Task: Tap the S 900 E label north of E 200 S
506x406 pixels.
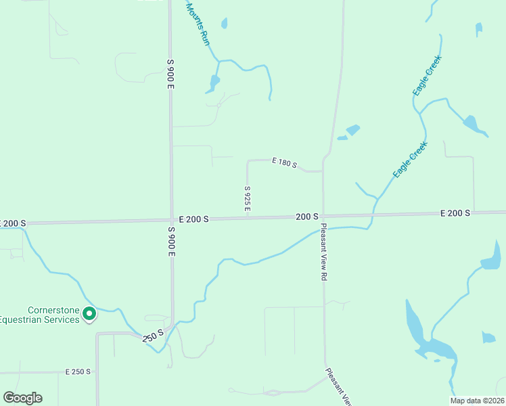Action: [x=171, y=74]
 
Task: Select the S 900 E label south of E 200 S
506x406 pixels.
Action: [x=172, y=241]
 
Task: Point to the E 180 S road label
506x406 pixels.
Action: [x=285, y=162]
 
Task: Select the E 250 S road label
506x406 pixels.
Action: [x=78, y=372]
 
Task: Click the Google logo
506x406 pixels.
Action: [x=22, y=398]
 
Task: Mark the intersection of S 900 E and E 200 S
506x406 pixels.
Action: [x=171, y=219]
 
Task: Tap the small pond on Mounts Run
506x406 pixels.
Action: [x=214, y=83]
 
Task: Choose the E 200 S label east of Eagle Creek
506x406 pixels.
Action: [x=455, y=213]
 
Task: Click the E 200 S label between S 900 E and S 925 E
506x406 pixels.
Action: [x=193, y=219]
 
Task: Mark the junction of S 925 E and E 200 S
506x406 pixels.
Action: [x=248, y=218]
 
